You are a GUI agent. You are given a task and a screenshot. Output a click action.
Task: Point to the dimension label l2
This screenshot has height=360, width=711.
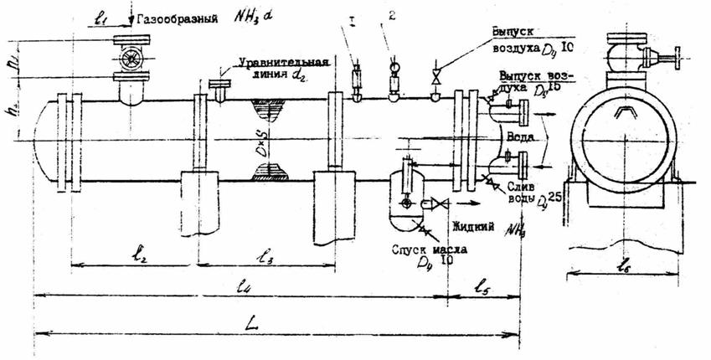pos(140,255)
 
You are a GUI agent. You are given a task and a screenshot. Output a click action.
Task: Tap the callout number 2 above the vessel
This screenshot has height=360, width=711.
pos(392,16)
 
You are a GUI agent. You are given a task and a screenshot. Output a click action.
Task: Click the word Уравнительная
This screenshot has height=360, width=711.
pos(283,62)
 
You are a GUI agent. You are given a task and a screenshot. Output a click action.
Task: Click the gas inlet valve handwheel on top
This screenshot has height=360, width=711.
pos(131,61)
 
